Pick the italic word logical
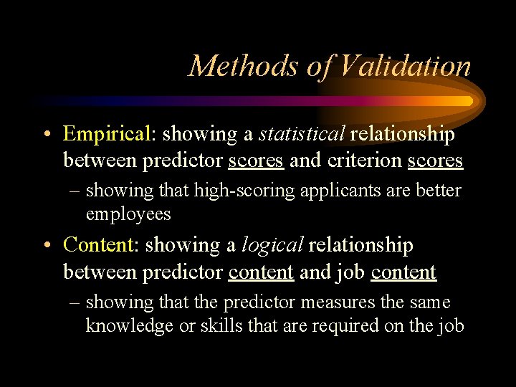(x=272, y=245)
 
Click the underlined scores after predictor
(x=256, y=161)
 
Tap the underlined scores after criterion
(x=435, y=161)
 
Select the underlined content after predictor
(x=261, y=272)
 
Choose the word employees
(x=128, y=214)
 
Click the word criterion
(x=364, y=161)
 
